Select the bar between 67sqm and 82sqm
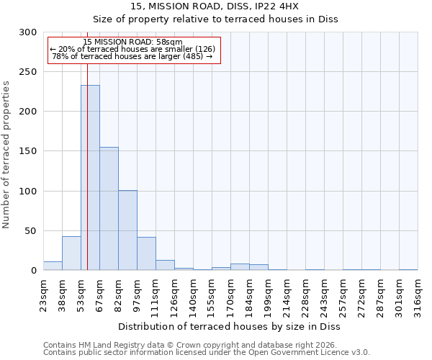(x=109, y=209)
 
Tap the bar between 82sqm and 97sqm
(x=127, y=230)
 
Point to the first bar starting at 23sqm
(x=53, y=266)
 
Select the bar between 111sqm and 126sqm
(x=165, y=265)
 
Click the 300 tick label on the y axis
(x=28, y=32)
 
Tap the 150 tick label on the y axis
(x=28, y=151)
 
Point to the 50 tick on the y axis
(x=31, y=231)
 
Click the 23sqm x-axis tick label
(x=44, y=294)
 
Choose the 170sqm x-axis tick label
(x=231, y=294)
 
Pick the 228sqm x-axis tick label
(x=306, y=294)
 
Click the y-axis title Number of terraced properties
(x=6, y=155)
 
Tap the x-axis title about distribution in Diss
(x=230, y=326)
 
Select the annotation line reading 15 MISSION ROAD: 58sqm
(x=132, y=42)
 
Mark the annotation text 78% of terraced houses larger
(x=132, y=56)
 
